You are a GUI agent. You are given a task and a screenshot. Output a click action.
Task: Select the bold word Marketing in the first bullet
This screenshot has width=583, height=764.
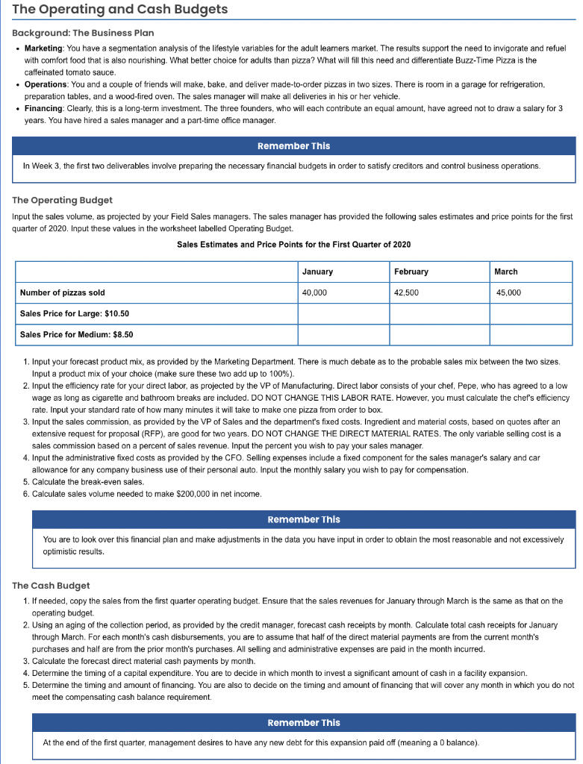click(x=44, y=48)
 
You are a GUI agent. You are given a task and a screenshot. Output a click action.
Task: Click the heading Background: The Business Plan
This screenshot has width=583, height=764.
click(x=83, y=34)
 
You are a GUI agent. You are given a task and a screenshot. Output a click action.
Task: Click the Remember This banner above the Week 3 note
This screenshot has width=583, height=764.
click(x=293, y=146)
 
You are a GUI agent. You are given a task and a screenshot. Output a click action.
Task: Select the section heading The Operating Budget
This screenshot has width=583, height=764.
click(x=63, y=200)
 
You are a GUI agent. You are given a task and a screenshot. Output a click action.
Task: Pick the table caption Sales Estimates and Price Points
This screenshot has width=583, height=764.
click(x=293, y=245)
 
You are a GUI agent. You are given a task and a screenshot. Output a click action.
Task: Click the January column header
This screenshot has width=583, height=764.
click(x=318, y=272)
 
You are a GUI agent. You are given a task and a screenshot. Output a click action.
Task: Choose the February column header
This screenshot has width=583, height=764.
click(x=411, y=272)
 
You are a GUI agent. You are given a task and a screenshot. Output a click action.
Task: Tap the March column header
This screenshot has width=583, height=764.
click(x=505, y=272)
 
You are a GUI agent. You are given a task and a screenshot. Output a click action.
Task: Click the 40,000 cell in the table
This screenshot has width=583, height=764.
click(x=314, y=292)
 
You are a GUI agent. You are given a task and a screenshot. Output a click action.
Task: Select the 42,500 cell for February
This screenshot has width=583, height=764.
click(x=407, y=292)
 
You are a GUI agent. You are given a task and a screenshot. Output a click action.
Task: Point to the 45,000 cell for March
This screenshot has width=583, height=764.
click(x=508, y=292)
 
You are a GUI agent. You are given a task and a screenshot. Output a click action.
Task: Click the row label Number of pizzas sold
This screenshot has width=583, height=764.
click(x=62, y=292)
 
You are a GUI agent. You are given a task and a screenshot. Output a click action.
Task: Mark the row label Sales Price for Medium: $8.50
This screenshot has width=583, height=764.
click(x=78, y=334)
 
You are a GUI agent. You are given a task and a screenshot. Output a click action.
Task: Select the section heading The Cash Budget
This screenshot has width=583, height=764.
click(x=52, y=586)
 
